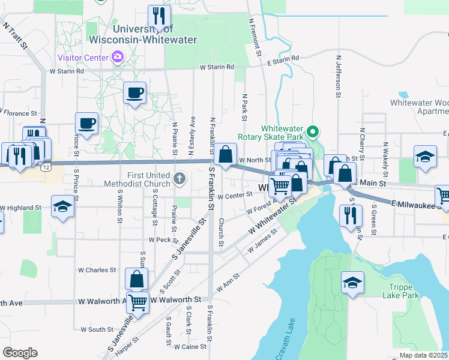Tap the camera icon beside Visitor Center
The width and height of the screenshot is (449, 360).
[x=118, y=58]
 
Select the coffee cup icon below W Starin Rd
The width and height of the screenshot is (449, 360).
[x=134, y=93]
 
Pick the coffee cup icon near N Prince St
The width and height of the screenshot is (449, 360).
[x=87, y=123]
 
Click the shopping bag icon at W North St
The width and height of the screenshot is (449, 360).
[x=226, y=155]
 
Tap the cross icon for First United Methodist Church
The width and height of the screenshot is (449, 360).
[x=179, y=178]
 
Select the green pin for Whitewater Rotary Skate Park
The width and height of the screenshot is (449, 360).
[x=312, y=131]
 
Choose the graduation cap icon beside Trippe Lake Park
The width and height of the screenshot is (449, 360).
[x=352, y=283]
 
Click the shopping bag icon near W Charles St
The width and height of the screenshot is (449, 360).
[x=137, y=279]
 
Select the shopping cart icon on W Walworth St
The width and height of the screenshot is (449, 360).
[x=137, y=302]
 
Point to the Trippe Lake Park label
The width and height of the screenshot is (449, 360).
[x=400, y=290]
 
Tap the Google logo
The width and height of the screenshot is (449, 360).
[x=20, y=353]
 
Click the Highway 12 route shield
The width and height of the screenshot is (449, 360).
[x=46, y=168]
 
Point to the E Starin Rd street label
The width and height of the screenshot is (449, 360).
[x=283, y=59]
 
